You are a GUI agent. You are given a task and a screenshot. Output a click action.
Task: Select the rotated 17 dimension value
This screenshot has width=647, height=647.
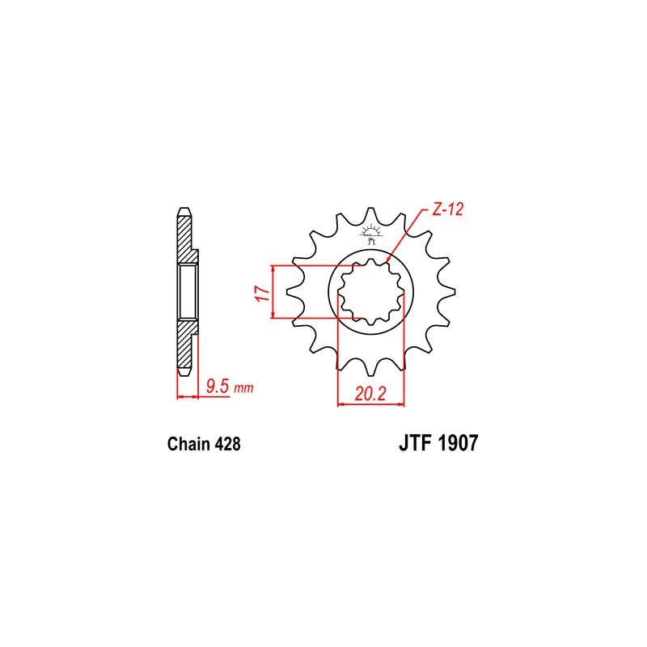pyautogui.click(x=260, y=294)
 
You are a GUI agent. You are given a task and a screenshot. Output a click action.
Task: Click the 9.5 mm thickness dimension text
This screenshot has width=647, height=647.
pyautogui.click(x=229, y=387)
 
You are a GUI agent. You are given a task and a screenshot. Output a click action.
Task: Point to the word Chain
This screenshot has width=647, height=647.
pyautogui.click(x=188, y=444)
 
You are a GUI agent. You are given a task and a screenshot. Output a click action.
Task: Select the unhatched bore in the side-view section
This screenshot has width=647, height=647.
pyautogui.click(x=187, y=292)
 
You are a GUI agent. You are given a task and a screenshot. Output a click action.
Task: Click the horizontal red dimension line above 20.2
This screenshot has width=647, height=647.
pyautogui.click(x=370, y=405)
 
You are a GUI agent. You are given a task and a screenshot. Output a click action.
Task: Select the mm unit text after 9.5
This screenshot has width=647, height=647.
pyautogui.click(x=243, y=389)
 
